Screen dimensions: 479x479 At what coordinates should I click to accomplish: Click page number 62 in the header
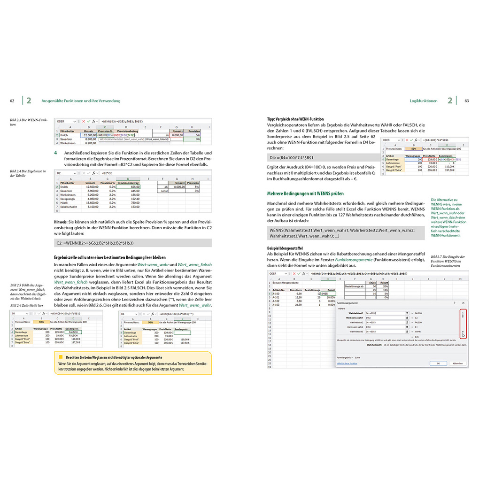coord(12,100)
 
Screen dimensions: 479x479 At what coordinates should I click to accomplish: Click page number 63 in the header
coord(466,100)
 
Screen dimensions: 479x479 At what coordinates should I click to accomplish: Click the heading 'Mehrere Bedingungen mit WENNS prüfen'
coord(305,193)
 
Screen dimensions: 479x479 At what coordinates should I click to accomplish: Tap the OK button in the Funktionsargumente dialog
coord(438,363)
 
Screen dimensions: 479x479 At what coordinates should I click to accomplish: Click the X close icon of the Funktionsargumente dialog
coord(463,303)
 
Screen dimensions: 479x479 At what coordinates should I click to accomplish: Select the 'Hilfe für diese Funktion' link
coord(347,363)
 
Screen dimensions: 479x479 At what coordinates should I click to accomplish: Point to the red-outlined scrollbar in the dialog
coord(463,324)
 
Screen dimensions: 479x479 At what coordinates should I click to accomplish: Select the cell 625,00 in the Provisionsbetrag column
coord(128,186)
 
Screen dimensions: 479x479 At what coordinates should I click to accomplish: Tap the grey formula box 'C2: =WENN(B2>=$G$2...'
coord(132,243)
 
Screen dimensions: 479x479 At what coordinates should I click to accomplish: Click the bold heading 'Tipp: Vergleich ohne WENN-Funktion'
coord(295,119)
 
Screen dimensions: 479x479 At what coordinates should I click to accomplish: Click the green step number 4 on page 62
coord(55,153)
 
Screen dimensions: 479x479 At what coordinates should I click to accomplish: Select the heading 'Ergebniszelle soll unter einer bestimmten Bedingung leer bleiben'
coord(110,257)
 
